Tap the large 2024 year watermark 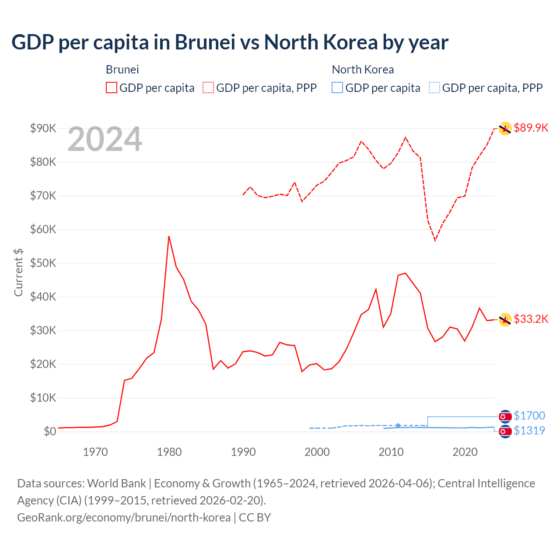105,139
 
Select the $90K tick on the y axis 43,128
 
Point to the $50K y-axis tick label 43,263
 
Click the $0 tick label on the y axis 50,431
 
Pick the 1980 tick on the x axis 169,452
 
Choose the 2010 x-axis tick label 391,452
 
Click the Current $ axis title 18,272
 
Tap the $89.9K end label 531,128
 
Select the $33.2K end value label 531,319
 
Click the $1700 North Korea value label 529,416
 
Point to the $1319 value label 529,430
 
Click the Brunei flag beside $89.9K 505,129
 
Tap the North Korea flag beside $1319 505,432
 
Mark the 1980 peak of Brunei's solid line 169,236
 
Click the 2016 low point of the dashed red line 435,240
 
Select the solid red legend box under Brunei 112,88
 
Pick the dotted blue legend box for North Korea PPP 434,88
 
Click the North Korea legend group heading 363,70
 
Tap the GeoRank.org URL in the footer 124,518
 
